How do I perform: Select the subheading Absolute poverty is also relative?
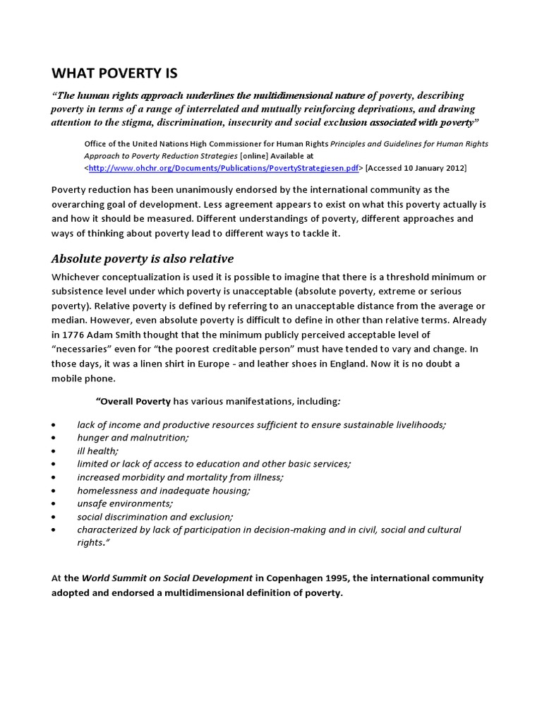(142, 258)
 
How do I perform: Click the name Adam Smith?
(141, 334)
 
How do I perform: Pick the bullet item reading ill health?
(98, 450)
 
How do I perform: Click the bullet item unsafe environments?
(125, 503)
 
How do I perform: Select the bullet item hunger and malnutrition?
(133, 438)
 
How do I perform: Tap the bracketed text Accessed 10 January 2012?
(416, 168)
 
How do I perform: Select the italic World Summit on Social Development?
(167, 578)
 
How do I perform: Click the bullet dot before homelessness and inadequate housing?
(54, 491)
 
